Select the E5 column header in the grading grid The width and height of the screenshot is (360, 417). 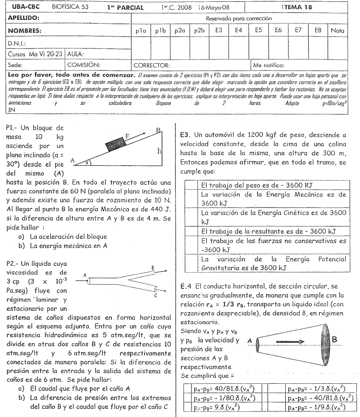click(258, 30)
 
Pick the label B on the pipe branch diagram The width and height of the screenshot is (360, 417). click(152, 268)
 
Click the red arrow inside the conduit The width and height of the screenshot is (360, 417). click(288, 342)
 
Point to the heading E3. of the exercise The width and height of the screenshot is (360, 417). click(186, 135)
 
